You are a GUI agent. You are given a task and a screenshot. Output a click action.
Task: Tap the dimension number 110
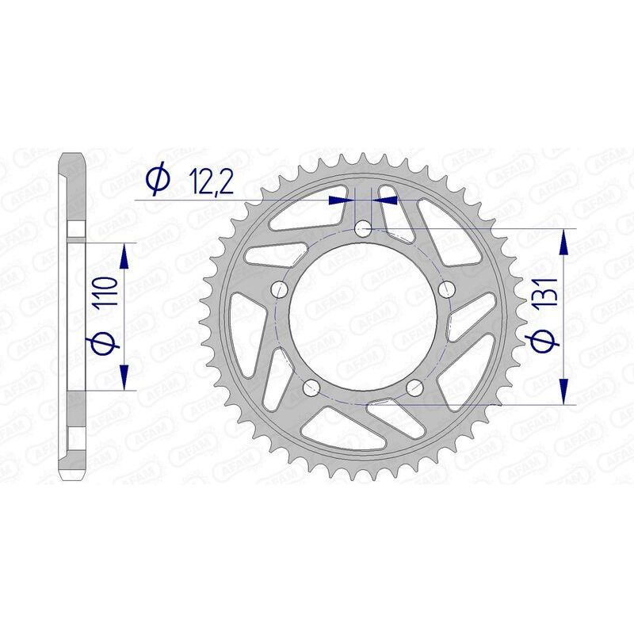109,293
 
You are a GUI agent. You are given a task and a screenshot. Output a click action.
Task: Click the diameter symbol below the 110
109,342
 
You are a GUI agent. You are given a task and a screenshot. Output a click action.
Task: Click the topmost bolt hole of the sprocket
363,229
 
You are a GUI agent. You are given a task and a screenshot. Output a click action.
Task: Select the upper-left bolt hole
279,289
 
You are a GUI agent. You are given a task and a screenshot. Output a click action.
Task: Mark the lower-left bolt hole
311,387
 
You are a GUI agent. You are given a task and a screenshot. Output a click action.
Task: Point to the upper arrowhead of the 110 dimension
124,255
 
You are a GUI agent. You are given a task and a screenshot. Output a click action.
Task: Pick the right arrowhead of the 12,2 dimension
382,201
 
